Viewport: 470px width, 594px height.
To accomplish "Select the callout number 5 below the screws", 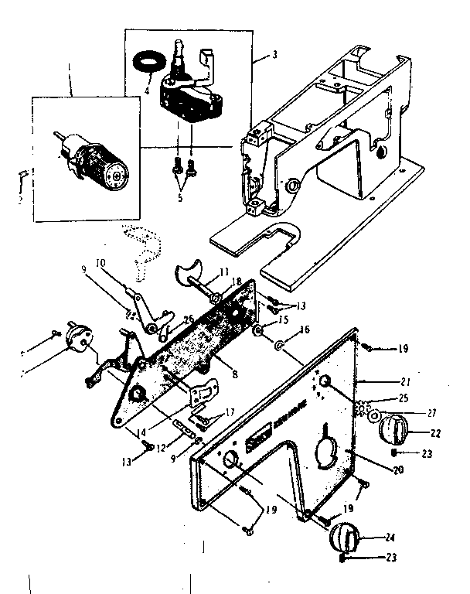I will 180,198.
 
